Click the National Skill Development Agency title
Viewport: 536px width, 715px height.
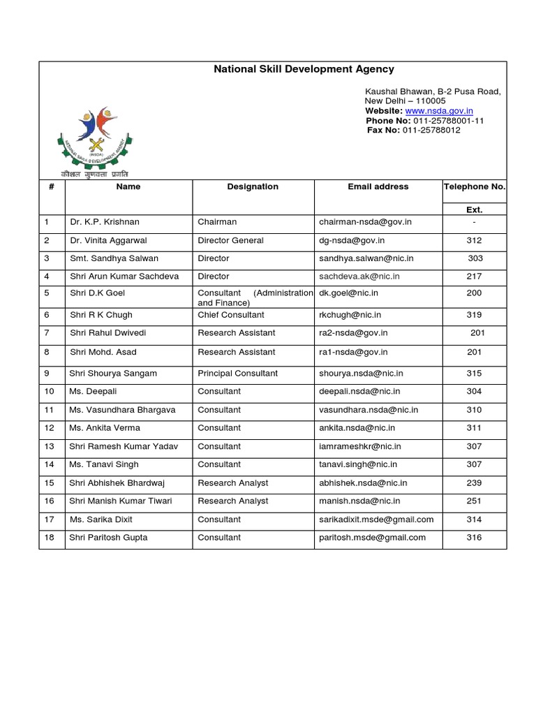(x=303, y=69)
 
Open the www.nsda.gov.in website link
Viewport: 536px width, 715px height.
(x=439, y=111)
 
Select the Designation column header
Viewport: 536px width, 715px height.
(x=253, y=186)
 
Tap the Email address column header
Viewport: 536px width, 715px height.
(x=378, y=186)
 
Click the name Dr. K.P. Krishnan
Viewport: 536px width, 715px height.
(x=105, y=222)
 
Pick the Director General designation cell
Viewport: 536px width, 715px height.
(x=230, y=240)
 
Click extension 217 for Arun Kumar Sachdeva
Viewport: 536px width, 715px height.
(x=474, y=277)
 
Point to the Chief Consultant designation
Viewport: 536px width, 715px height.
(x=231, y=315)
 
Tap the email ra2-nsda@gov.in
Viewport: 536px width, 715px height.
(x=353, y=333)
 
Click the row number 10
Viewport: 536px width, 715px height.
(x=49, y=392)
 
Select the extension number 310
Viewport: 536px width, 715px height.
(x=474, y=410)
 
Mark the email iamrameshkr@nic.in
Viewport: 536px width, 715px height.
(x=359, y=446)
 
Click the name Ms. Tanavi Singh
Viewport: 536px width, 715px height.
(x=104, y=464)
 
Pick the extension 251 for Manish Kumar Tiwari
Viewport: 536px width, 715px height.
(x=474, y=501)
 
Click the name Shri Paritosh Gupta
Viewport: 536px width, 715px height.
(x=108, y=538)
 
